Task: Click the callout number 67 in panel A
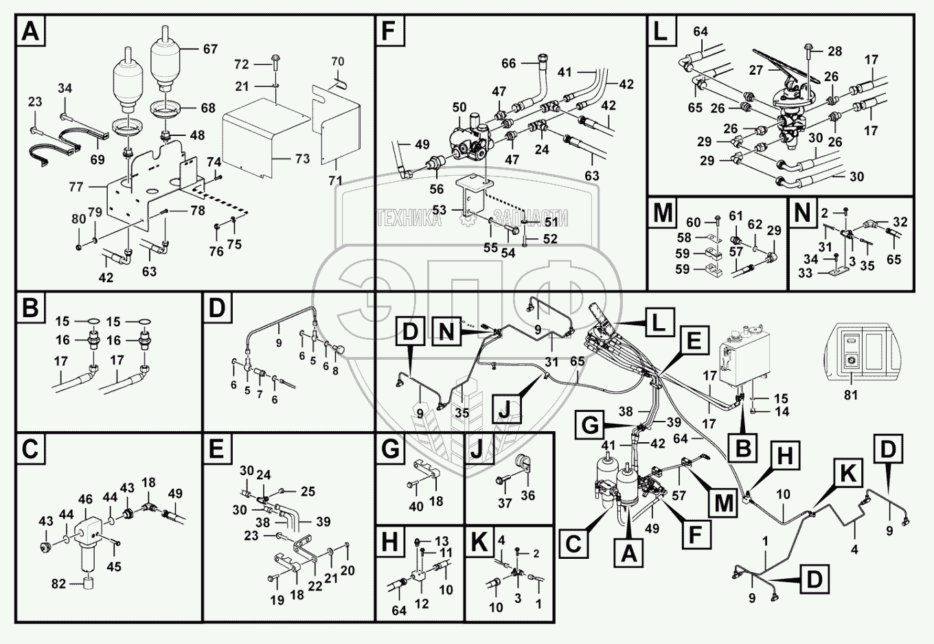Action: click(x=209, y=49)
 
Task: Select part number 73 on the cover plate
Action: click(x=302, y=159)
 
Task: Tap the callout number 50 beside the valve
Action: click(x=459, y=108)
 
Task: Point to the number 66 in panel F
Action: click(x=508, y=64)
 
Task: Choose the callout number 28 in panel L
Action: click(x=834, y=51)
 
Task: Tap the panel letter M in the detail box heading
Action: click(x=663, y=213)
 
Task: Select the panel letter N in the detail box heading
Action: click(x=802, y=213)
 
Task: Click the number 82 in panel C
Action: click(x=58, y=584)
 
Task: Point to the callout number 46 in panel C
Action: click(x=85, y=499)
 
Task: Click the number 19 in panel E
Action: click(x=277, y=600)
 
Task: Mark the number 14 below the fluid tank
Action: click(x=782, y=412)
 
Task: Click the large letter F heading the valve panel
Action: click(x=389, y=32)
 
